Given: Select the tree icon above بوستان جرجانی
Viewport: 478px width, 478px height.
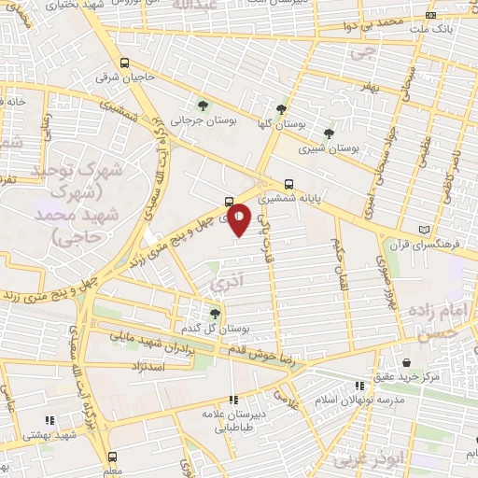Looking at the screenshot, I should coord(204,105).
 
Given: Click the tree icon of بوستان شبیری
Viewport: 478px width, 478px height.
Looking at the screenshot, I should coord(328,133).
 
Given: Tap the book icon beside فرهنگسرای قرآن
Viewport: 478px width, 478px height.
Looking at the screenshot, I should coord(427,230).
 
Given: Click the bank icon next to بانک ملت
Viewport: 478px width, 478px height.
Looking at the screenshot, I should coord(429,15).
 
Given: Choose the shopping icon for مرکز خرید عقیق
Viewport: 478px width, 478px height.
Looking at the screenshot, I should coord(406,362).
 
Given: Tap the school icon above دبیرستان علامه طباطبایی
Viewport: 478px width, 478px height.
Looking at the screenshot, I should coord(233,399).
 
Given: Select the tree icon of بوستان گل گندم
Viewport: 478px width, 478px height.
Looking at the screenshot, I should coord(216,314).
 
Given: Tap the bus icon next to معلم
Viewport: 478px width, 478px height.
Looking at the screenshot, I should coord(113,457).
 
